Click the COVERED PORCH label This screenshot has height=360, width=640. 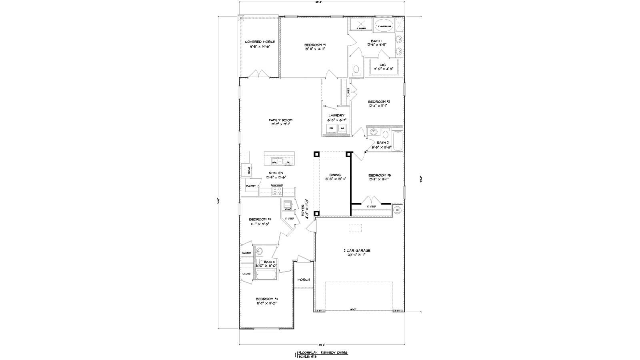click(260, 42)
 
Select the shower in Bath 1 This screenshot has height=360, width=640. click(361, 25)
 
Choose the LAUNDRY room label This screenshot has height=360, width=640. click(336, 115)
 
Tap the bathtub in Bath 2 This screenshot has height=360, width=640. click(397, 141)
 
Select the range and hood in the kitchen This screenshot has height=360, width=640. click(277, 191)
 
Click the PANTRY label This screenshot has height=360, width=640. click(251, 186)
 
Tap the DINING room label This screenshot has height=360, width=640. click(335, 175)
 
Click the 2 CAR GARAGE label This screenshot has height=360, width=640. click(357, 250)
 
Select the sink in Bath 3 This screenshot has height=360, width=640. click(259, 251)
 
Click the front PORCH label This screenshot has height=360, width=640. click(304, 280)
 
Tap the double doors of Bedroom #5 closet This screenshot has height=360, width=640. click(371, 200)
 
